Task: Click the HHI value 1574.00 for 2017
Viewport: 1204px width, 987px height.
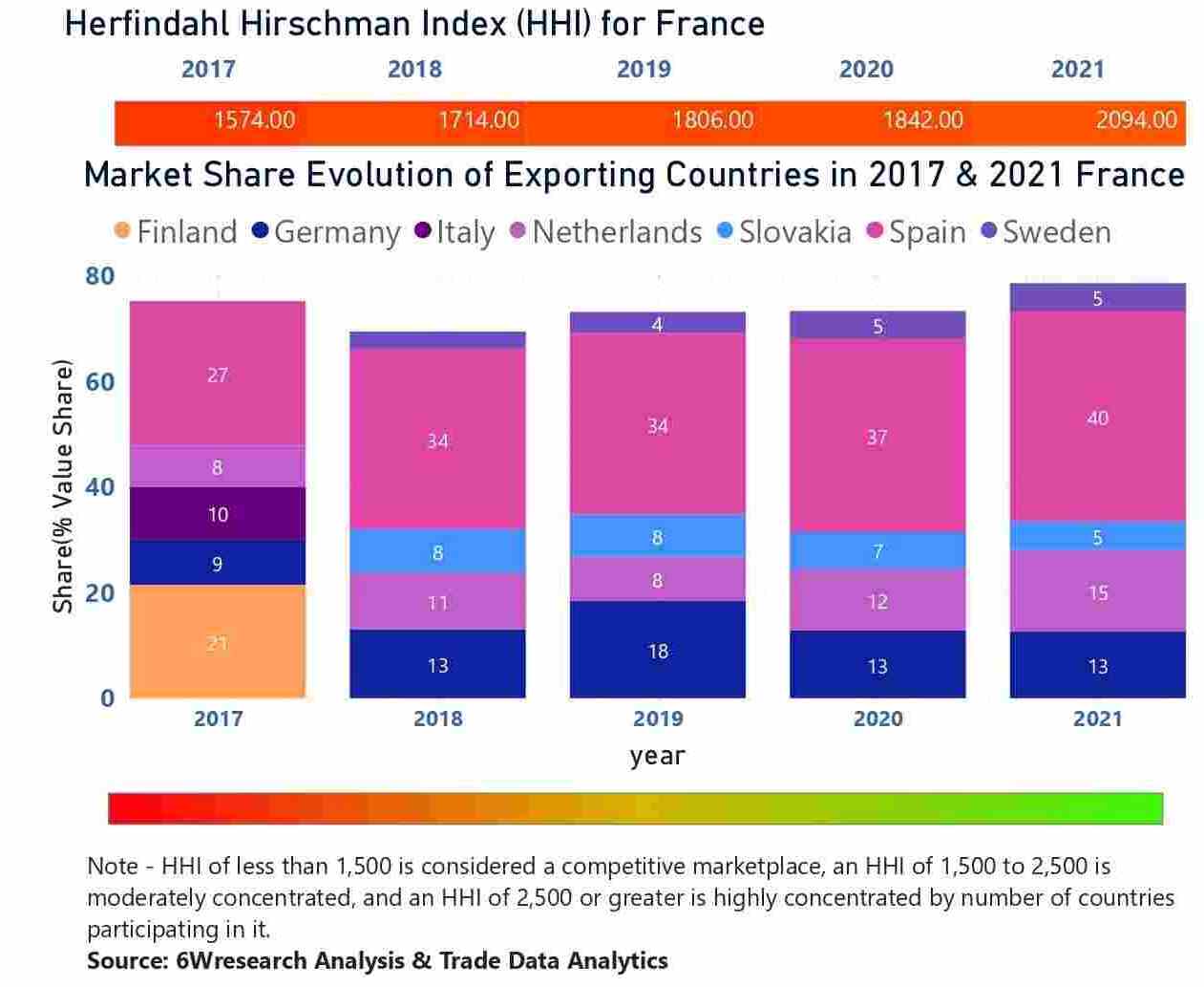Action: pyautogui.click(x=254, y=120)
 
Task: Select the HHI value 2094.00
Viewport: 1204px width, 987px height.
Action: pyautogui.click(x=1136, y=120)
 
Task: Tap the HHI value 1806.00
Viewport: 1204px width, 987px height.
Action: pyautogui.click(x=712, y=120)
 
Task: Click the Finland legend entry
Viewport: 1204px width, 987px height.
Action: pyautogui.click(x=176, y=232)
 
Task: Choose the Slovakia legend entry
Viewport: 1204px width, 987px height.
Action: pyautogui.click(x=784, y=232)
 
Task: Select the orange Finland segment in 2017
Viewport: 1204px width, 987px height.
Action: pyautogui.click(x=218, y=641)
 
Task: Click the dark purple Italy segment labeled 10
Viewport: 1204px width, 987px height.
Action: pyautogui.click(x=218, y=514)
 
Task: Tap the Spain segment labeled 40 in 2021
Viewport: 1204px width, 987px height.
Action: pyautogui.click(x=1097, y=417)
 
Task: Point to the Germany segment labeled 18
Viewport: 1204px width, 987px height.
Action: pyautogui.click(x=657, y=650)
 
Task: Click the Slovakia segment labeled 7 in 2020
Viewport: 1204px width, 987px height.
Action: pyautogui.click(x=877, y=550)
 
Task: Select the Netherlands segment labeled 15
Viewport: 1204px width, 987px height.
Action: pyautogui.click(x=1097, y=591)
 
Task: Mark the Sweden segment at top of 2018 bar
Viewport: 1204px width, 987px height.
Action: pyautogui.click(x=437, y=340)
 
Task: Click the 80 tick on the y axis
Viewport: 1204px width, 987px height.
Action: pyautogui.click(x=99, y=276)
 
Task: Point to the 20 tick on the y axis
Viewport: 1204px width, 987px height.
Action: pyautogui.click(x=99, y=593)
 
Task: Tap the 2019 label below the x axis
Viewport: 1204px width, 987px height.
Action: pyautogui.click(x=657, y=719)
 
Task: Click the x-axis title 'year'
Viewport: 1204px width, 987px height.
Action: pyautogui.click(x=657, y=756)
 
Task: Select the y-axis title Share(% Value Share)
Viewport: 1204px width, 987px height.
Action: pyautogui.click(x=63, y=486)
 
